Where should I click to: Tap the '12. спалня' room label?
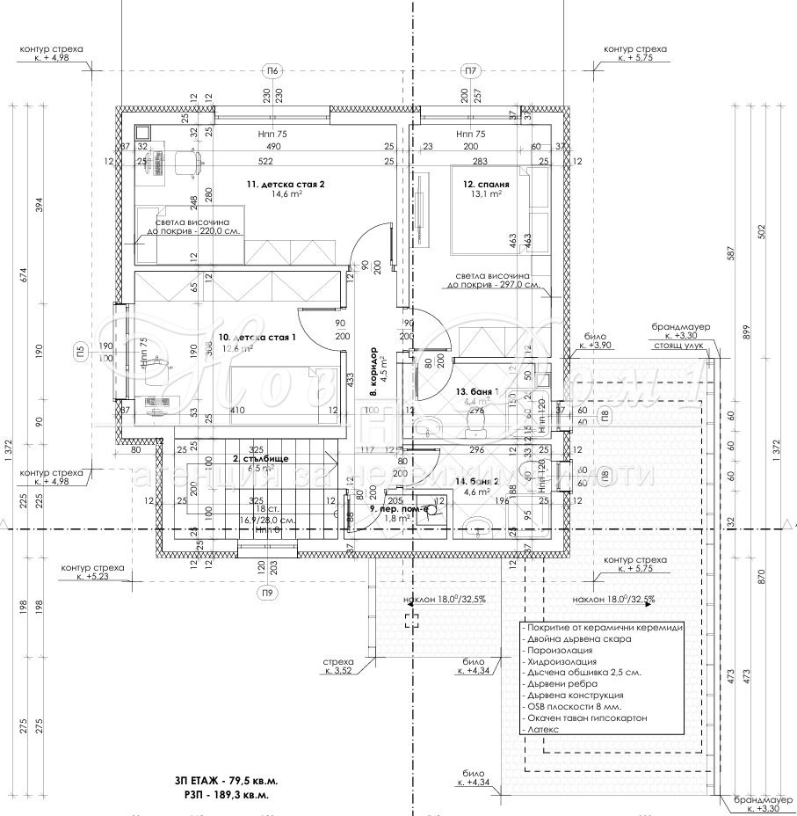coord(487,185)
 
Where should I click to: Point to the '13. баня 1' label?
coord(477,391)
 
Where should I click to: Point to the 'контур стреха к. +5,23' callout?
coord(92,572)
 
